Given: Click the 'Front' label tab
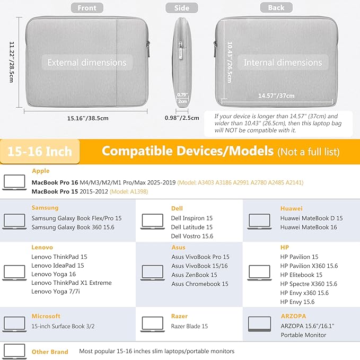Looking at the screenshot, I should click(87, 7).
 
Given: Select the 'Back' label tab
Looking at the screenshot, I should click(276, 7).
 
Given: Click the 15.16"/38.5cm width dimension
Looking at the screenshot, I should click(87, 118).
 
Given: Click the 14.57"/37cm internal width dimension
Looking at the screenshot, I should click(276, 96).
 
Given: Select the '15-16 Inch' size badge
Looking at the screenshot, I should click(40, 152).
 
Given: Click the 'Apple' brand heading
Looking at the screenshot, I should click(41, 171).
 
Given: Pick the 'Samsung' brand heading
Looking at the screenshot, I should click(45, 208).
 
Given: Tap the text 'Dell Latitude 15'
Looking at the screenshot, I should click(191, 227).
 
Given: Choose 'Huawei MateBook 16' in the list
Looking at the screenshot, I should click(308, 227).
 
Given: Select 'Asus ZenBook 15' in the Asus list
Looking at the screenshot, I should click(194, 275).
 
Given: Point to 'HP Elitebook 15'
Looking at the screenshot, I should click(301, 275).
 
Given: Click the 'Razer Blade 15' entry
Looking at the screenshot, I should click(189, 326).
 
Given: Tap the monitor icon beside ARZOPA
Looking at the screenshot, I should click(259, 324).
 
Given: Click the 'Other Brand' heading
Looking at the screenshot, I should click(50, 352).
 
